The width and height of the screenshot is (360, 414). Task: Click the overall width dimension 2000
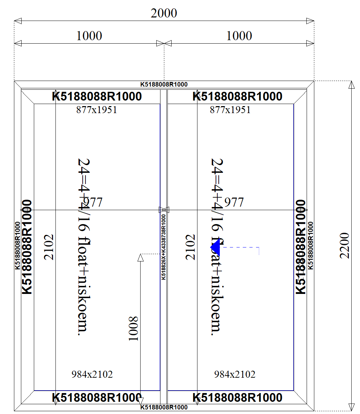point(164,13)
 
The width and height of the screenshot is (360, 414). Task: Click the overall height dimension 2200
point(345,245)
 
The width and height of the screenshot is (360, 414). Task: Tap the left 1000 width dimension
point(89,36)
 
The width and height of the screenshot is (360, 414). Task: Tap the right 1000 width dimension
point(239,36)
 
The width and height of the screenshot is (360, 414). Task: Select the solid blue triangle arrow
point(215,247)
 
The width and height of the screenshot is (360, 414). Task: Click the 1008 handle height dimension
point(134,328)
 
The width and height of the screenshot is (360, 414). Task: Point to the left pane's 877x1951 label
point(97,110)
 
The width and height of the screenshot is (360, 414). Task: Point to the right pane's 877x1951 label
point(230,110)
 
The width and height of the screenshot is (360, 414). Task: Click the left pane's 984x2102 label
point(92,375)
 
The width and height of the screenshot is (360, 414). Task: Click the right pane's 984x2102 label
point(235,375)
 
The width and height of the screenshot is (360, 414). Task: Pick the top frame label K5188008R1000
point(164,84)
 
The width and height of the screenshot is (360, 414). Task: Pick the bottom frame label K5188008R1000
point(164,407)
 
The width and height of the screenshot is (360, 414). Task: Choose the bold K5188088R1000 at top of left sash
point(97,96)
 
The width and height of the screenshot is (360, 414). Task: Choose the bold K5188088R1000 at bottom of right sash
point(238,398)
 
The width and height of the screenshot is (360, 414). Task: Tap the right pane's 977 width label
point(234,202)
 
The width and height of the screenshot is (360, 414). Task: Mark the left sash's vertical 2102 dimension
point(50,247)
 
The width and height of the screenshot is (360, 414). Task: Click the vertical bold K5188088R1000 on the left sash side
point(27,247)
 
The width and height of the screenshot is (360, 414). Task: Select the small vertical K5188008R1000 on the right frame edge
point(310,245)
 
